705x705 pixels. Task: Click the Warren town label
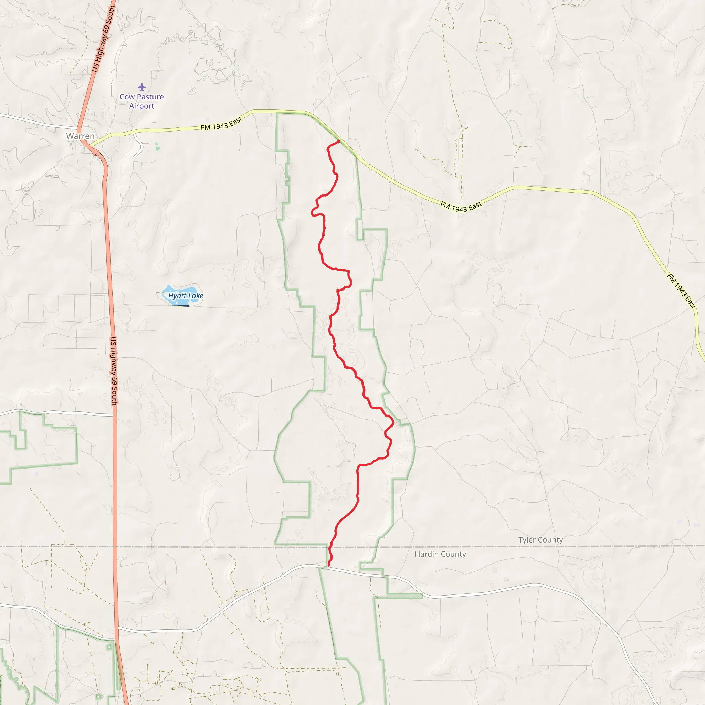80,136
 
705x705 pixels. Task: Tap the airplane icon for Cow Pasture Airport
141,87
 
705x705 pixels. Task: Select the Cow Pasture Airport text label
141,102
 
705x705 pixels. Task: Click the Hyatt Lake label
186,296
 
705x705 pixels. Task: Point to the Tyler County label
540,540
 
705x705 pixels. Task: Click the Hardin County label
440,554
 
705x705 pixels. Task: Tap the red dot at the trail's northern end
338,141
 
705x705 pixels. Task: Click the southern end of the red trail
329,566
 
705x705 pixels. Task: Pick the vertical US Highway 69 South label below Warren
114,371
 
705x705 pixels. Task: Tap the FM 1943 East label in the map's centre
461,207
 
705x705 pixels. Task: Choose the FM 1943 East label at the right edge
681,291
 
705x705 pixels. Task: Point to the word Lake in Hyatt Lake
196,296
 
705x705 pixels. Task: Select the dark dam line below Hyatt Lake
181,305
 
